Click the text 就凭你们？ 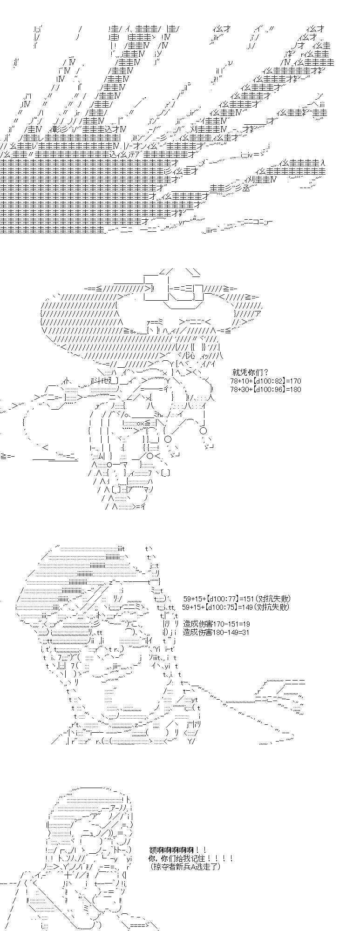249,372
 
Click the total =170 293,381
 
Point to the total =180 293,389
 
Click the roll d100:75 222,607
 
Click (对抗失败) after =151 274,599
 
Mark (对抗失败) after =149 272,607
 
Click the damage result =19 244,624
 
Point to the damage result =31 244,632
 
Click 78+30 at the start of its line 240,389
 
